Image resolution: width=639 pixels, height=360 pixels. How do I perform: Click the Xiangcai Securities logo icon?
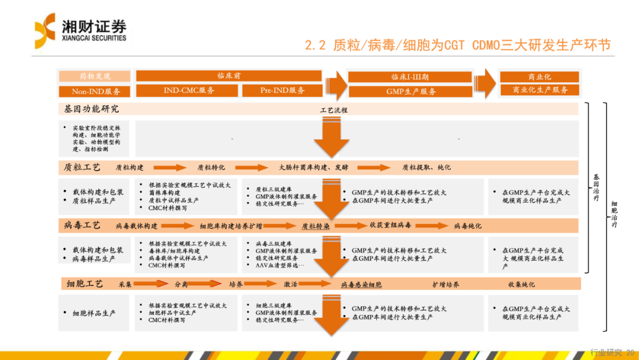pos(45,31)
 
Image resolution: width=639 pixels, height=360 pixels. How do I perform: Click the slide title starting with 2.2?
pos(457,45)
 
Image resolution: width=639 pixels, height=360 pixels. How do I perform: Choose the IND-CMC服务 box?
pos(189,91)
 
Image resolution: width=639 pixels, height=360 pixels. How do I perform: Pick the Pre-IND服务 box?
pos(282,91)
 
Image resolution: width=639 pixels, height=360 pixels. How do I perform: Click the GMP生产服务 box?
pos(411,92)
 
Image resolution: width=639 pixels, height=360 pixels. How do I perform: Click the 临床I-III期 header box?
pos(410,77)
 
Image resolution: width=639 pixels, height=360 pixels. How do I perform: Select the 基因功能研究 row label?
pos(92,109)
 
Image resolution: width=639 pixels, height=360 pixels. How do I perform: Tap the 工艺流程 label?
pos(334,110)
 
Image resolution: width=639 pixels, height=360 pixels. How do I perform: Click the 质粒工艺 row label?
pos(83,167)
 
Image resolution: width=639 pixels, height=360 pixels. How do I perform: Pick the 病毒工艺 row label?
pos(83,226)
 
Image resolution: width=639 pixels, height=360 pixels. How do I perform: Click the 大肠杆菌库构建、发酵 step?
pos(314,168)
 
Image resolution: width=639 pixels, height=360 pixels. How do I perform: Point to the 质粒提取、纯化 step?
pos(426,168)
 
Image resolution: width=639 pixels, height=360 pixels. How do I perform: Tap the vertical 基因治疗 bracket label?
pos(596,188)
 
